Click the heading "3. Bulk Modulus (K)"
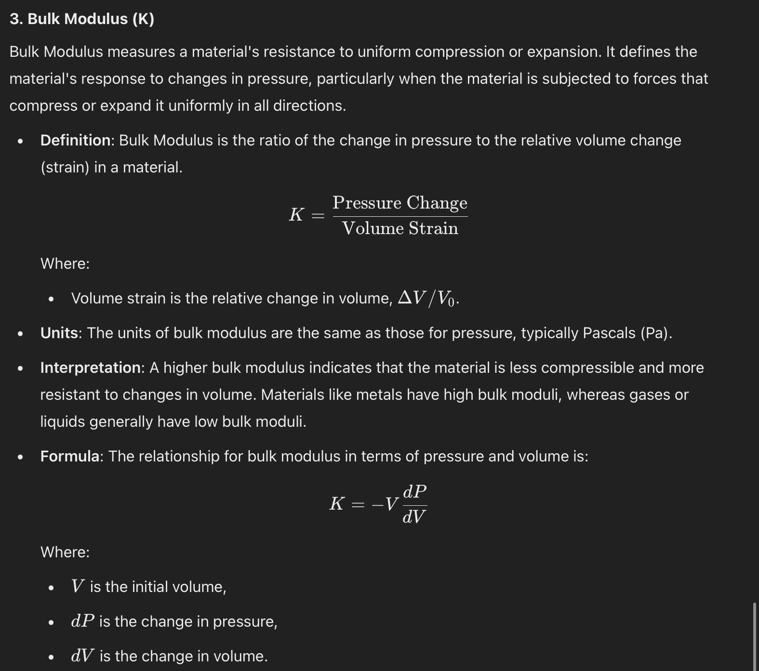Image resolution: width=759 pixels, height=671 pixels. (82, 19)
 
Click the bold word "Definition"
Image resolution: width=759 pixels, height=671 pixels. (76, 140)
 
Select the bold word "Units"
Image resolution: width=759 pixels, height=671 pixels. (59, 333)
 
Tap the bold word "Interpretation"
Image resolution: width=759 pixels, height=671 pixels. (90, 368)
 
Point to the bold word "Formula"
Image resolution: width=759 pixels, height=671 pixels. (69, 456)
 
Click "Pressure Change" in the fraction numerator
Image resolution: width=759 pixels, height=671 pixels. (400, 203)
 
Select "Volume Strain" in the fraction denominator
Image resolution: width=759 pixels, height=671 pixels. (400, 228)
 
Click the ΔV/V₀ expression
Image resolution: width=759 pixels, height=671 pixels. (426, 299)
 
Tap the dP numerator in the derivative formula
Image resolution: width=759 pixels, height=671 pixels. (414, 492)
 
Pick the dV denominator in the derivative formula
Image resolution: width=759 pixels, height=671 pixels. (414, 517)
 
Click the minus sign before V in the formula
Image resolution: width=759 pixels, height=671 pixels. (377, 504)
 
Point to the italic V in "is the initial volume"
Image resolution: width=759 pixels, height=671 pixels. (77, 586)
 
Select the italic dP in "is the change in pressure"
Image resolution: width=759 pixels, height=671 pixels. (82, 621)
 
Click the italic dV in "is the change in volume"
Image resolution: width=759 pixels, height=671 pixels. (82, 656)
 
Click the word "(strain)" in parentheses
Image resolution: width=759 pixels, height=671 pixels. (65, 167)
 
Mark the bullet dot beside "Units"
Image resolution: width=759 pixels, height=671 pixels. (20, 333)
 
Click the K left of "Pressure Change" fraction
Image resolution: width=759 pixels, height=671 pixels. (296, 215)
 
